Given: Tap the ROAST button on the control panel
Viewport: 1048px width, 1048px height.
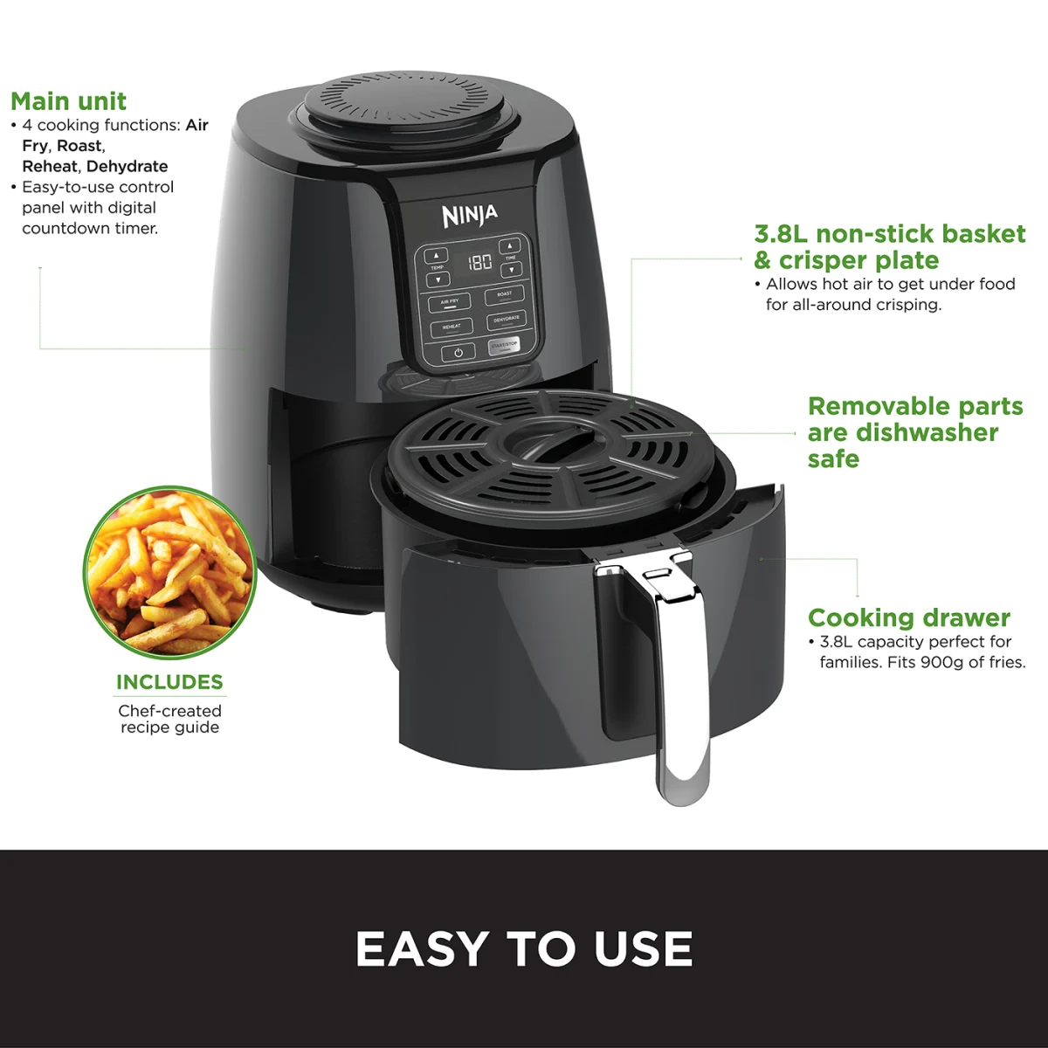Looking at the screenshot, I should pos(504,294).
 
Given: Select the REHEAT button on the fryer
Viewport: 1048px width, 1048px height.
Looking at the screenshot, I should pos(452,327).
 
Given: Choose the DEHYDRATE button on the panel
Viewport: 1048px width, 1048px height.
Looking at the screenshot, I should pos(506,320).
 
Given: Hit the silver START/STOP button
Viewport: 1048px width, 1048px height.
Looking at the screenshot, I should pos(504,346).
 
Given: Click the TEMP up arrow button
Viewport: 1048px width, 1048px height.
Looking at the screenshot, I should pos(437,256).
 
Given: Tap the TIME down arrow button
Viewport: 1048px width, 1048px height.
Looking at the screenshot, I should pos(511,271).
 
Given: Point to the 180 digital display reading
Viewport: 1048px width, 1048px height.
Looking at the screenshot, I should pos(479,262).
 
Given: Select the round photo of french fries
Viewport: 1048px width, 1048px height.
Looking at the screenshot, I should pos(170,572).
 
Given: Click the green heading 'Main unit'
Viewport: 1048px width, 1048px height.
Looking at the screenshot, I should pos(68,101).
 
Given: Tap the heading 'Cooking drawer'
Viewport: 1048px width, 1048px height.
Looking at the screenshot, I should pos(908,618).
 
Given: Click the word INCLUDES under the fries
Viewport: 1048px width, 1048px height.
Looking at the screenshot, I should pos(169,682).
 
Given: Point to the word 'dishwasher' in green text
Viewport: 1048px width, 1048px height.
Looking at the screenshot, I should pos(927,433).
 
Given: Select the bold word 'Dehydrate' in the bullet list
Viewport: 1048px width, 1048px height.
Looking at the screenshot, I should pos(127,166).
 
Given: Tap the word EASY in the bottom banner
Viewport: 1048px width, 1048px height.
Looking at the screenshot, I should pos(423,949).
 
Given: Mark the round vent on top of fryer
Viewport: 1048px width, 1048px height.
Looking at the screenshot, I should pos(403,107).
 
